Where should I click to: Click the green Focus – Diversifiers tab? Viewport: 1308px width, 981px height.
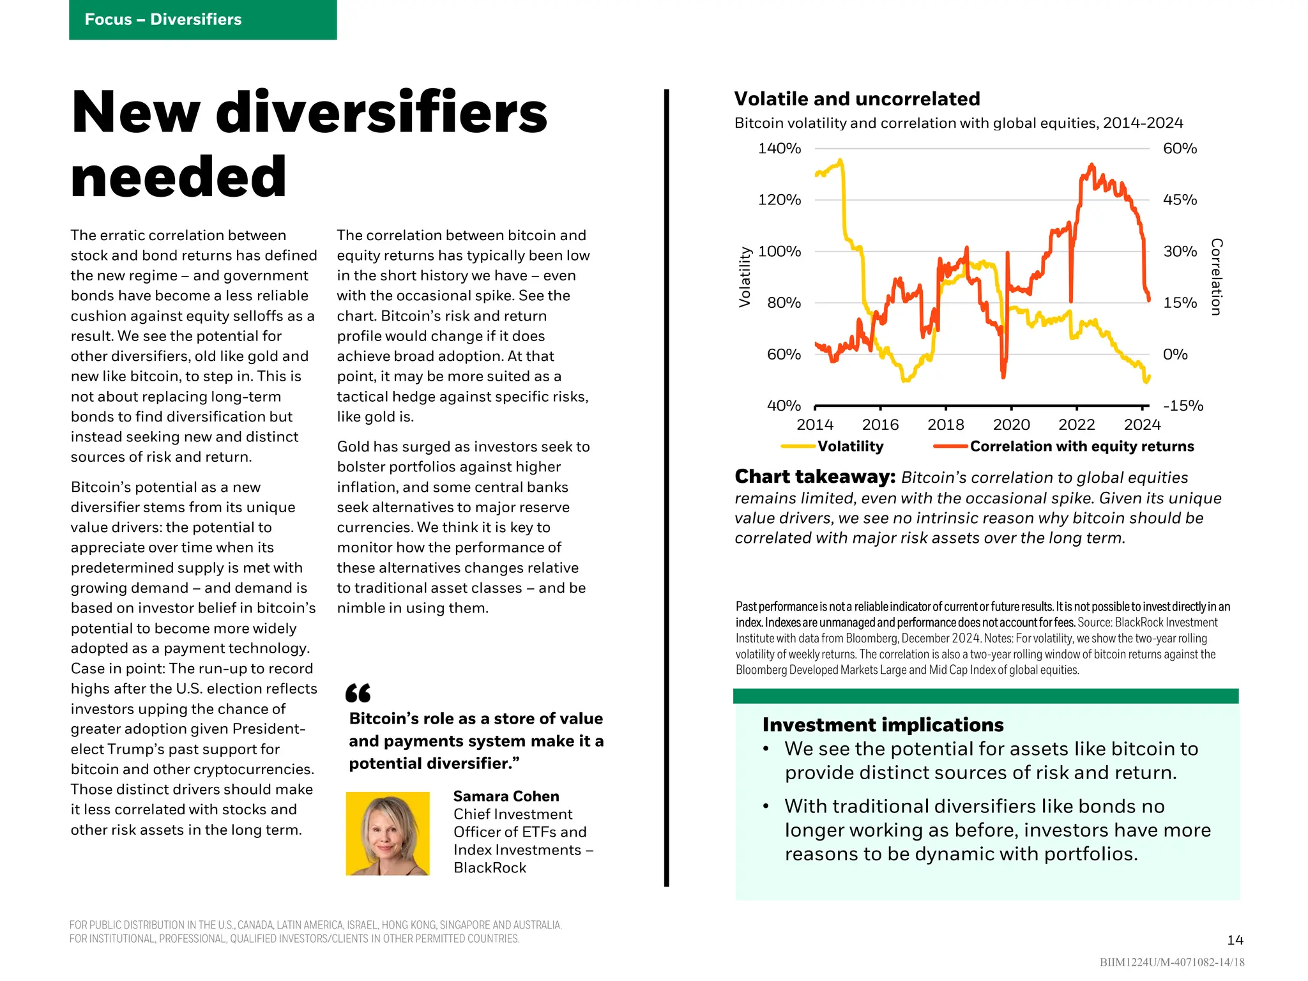pos(202,20)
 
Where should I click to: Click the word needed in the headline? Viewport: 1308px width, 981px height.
pos(179,177)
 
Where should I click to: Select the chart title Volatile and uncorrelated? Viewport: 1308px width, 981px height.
pos(856,99)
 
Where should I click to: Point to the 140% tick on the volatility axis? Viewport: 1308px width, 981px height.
pos(779,149)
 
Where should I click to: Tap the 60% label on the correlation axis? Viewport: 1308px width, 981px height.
pos(1180,149)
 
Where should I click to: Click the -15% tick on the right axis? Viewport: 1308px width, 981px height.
pos(1183,406)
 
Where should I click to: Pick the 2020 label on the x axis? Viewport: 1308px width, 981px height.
pos(1011,425)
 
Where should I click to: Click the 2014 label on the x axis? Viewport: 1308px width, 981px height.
pos(815,425)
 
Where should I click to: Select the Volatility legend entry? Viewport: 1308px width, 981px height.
pos(850,446)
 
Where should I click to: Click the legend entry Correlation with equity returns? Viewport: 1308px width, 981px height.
pos(1081,446)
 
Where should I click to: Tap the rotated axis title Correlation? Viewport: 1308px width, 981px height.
pos(1216,277)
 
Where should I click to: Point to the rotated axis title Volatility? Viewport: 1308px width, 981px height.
pos(745,277)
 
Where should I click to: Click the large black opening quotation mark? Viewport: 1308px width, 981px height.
pos(358,693)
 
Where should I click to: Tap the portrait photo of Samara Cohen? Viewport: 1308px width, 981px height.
pos(388,833)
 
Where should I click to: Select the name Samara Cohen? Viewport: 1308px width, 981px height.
pos(506,796)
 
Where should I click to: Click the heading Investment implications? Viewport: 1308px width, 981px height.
pos(883,725)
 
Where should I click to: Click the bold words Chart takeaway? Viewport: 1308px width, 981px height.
pos(815,477)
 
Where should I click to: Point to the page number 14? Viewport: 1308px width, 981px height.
pos(1235,940)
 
